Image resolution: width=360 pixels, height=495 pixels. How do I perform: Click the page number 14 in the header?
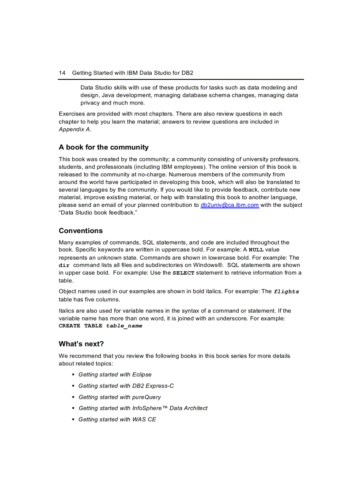tap(62, 72)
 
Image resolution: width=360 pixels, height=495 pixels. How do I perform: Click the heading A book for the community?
tap(104, 147)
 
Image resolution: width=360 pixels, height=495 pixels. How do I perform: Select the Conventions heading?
tap(80, 231)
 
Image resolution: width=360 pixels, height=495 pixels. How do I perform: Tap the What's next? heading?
tap(81, 344)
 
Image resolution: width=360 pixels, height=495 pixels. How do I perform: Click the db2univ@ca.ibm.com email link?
tap(229, 205)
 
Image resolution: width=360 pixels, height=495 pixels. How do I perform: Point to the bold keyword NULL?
tap(256, 250)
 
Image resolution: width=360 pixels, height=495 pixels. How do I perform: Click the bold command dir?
tap(64, 265)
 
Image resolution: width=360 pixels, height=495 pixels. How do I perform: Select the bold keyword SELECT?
tap(183, 273)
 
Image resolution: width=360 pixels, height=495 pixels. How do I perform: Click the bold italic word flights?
tap(286, 291)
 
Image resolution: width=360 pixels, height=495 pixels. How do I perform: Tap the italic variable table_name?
tap(124, 326)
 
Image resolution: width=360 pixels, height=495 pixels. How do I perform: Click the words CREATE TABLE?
tap(80, 326)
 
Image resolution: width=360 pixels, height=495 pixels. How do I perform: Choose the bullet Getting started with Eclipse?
tap(115, 375)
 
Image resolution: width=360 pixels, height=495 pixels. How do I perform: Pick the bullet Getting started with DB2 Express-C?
tap(126, 386)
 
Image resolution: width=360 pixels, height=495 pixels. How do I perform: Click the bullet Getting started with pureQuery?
tap(120, 397)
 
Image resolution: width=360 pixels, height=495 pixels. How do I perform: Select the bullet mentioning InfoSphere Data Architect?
tap(142, 408)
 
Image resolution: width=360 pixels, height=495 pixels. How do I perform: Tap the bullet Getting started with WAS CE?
tap(117, 419)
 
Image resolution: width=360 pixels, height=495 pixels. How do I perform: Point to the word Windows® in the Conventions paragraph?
tap(208, 265)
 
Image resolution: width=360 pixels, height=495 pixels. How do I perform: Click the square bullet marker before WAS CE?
tap(73, 419)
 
